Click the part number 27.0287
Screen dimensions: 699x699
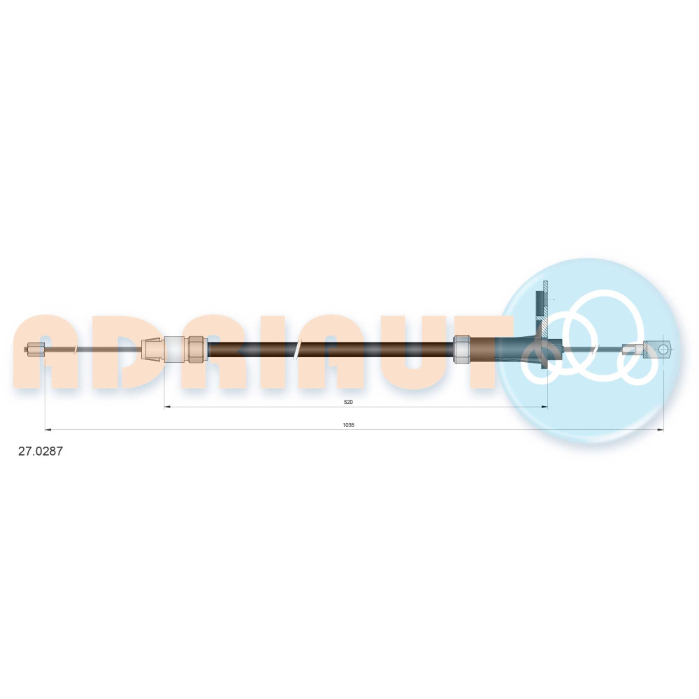(40, 451)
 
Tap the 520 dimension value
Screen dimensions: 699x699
(348, 402)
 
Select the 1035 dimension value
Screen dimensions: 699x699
(348, 425)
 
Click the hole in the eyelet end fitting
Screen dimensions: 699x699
(663, 349)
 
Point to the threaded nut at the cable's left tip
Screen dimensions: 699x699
(35, 349)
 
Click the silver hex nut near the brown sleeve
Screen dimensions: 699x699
(462, 349)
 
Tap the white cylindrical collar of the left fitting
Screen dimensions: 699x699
(174, 349)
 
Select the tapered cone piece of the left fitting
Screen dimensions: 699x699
(153, 349)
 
